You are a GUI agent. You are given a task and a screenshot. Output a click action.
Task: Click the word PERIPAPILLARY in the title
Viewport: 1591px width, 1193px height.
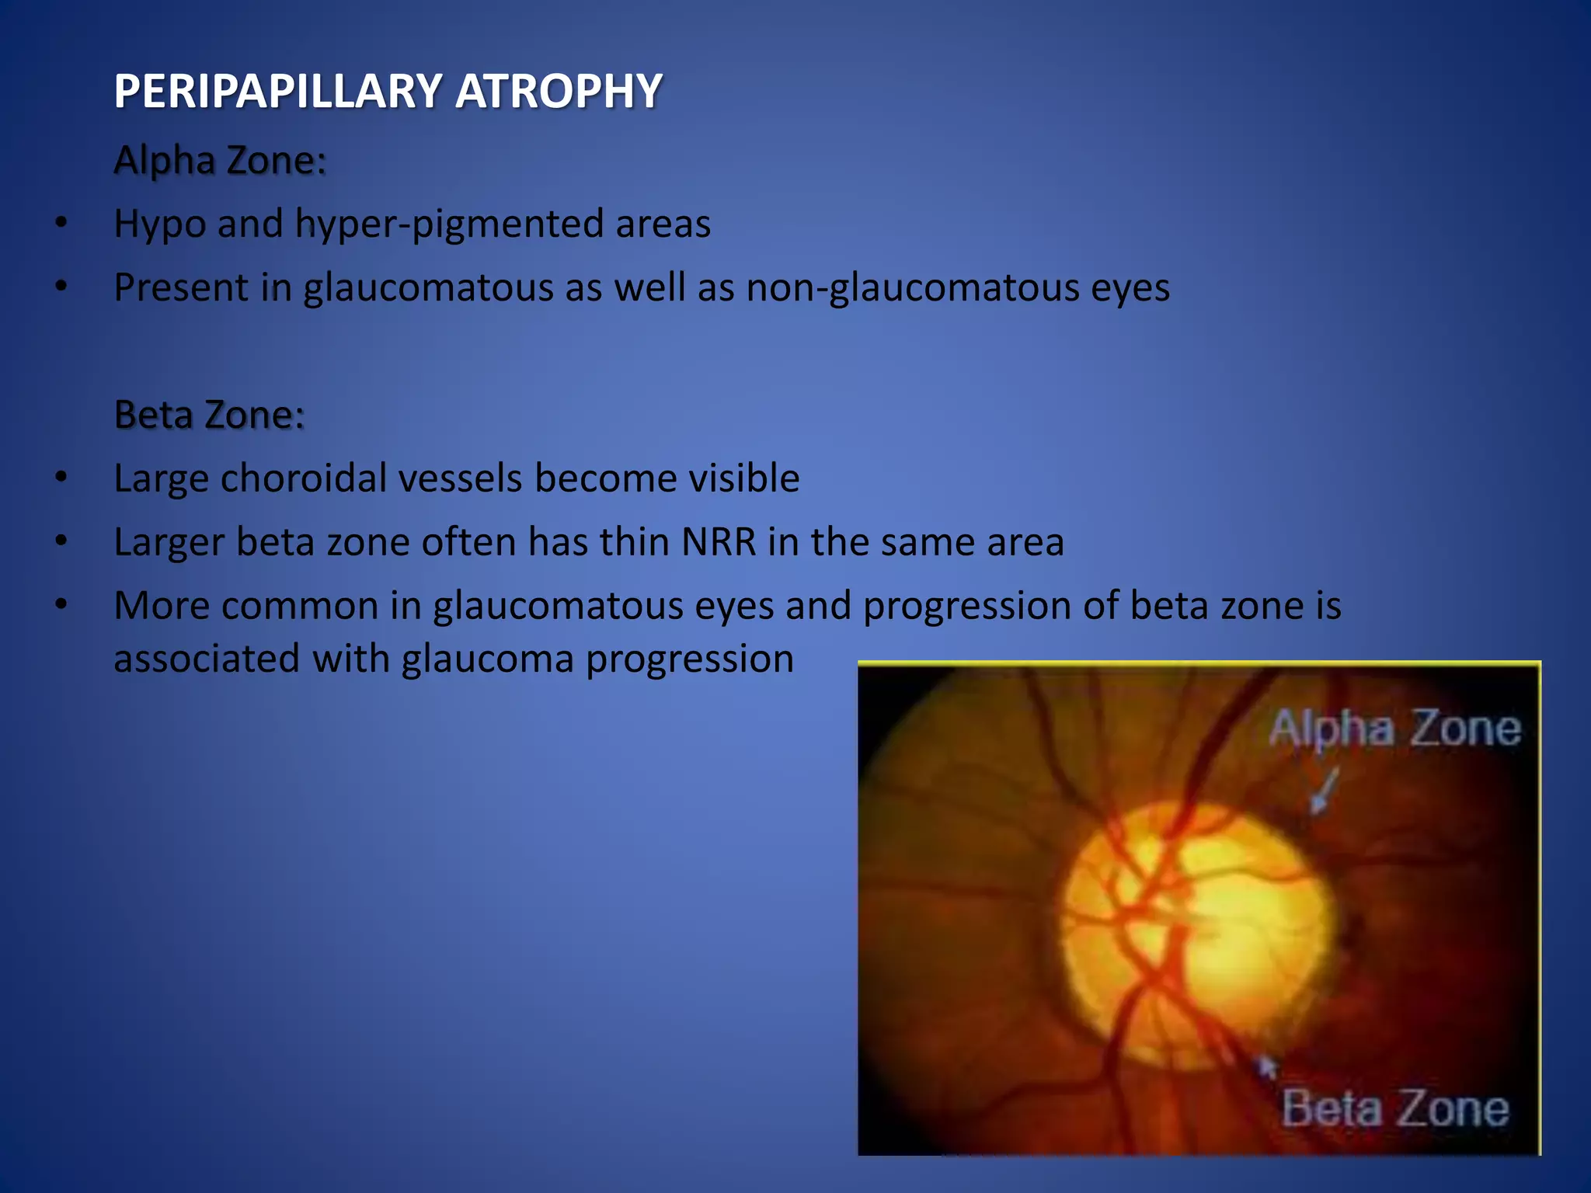coord(278,91)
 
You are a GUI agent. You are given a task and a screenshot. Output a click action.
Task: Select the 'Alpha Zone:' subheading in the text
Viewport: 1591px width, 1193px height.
coord(220,160)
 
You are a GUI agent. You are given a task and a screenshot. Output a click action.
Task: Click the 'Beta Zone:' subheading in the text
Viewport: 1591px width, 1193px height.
coord(209,414)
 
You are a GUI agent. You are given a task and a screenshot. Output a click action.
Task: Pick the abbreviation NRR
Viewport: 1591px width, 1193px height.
coord(719,542)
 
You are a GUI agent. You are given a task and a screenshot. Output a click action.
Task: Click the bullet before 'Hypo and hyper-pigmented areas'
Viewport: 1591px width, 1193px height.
coord(61,224)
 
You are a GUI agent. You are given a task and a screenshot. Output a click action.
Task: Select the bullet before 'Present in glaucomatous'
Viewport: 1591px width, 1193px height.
coord(61,287)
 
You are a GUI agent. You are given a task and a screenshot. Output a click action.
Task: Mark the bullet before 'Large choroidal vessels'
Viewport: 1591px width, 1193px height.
coord(61,478)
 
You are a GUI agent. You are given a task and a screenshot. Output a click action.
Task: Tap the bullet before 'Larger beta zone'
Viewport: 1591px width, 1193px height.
coord(61,541)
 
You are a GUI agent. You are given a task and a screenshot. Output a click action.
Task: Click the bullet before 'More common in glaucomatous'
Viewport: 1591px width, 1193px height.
coord(61,605)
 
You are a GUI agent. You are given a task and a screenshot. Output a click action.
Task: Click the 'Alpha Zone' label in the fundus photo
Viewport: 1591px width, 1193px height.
coord(1394,729)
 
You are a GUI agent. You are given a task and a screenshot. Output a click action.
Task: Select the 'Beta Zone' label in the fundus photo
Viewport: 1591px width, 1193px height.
coord(1394,1108)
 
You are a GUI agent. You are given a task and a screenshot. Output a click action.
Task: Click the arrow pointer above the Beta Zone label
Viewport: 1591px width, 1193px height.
coord(1266,1067)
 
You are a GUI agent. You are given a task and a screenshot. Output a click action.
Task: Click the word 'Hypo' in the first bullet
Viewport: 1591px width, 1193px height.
coord(159,224)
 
